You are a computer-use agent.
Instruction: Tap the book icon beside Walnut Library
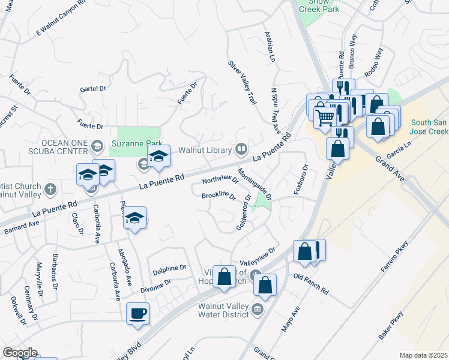[x=241, y=148]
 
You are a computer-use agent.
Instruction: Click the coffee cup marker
[x=138, y=313]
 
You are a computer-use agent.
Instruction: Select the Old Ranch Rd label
[x=311, y=284]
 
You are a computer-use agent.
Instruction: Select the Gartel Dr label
[x=92, y=88]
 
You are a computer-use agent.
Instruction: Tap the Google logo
[x=20, y=353]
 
